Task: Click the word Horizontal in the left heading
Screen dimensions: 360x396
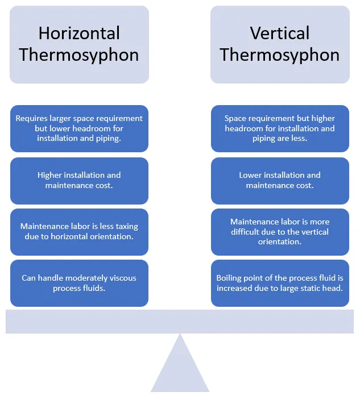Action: pyautogui.click(x=79, y=33)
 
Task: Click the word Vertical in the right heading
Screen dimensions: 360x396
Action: pyautogui.click(x=280, y=33)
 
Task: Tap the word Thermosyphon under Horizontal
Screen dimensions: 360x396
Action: pyautogui.click(x=79, y=55)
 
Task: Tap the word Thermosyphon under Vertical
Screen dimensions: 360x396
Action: pyautogui.click(x=280, y=55)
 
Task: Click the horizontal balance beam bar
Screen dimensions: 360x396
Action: pyautogui.click(x=180, y=322)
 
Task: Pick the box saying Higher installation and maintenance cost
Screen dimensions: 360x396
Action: pyautogui.click(x=79, y=181)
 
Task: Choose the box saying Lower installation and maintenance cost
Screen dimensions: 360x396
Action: pyautogui.click(x=280, y=181)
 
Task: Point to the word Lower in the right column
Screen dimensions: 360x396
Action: pyautogui.click(x=249, y=175)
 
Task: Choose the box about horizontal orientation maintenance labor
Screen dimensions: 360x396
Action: pyautogui.click(x=79, y=232)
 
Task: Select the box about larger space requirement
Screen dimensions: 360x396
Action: pyautogui.click(x=79, y=128)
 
